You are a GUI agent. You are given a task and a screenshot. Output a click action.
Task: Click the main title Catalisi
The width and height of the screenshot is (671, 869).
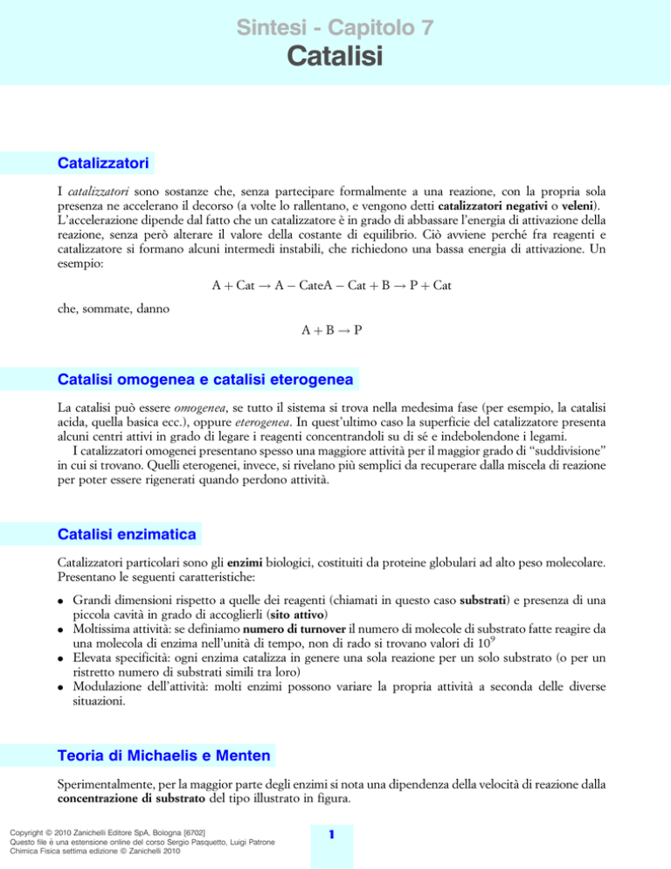[335, 57]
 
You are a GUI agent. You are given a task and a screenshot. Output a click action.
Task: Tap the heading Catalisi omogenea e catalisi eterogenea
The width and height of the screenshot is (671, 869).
[205, 380]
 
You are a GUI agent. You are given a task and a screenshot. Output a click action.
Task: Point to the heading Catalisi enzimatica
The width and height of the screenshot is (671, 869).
[128, 532]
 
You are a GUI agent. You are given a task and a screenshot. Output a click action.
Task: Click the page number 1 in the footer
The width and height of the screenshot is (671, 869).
[335, 835]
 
